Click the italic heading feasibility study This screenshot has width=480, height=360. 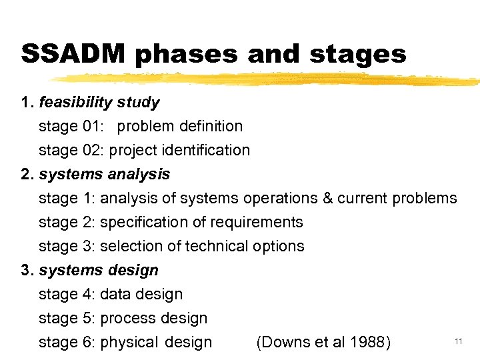click(x=99, y=103)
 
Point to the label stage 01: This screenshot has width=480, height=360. click(x=71, y=126)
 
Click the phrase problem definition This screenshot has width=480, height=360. click(x=180, y=126)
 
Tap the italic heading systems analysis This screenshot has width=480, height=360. click(x=105, y=175)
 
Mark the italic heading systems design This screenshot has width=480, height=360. click(x=99, y=271)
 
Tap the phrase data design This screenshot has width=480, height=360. click(x=141, y=295)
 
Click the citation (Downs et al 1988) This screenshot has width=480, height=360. click(x=323, y=343)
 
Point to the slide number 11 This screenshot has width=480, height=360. click(x=459, y=341)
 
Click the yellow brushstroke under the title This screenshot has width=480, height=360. click(x=267, y=79)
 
